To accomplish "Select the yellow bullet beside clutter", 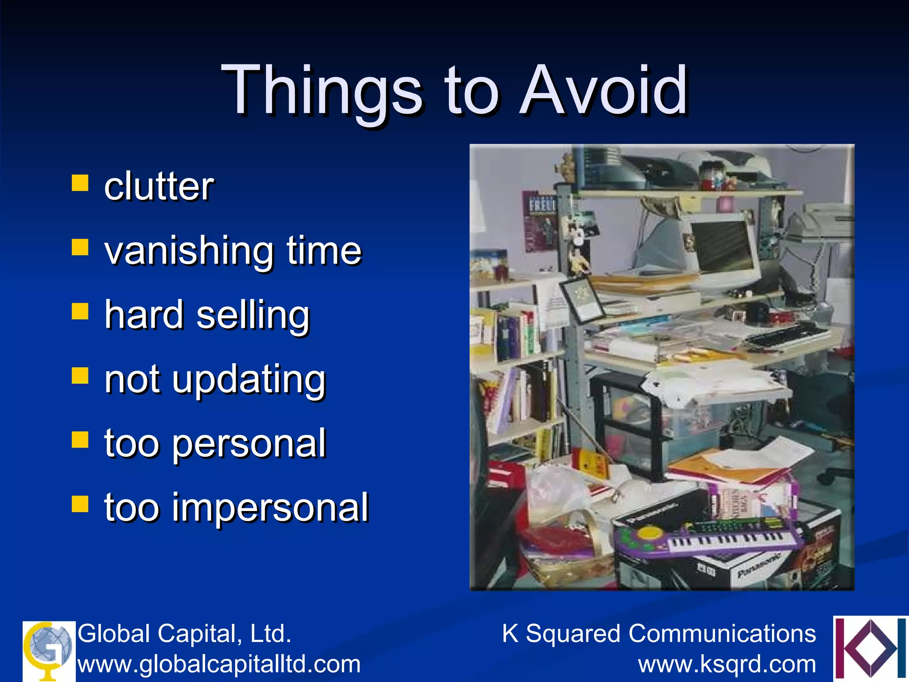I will click(80, 182).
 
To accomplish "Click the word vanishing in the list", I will click(189, 251).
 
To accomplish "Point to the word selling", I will click(253, 315).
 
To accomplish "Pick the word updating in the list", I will click(249, 380).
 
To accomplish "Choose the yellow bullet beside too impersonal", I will click(80, 504).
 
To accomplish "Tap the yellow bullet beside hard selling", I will click(80, 311).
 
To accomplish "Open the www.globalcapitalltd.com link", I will click(219, 664).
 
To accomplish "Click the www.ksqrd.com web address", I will click(727, 664).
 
